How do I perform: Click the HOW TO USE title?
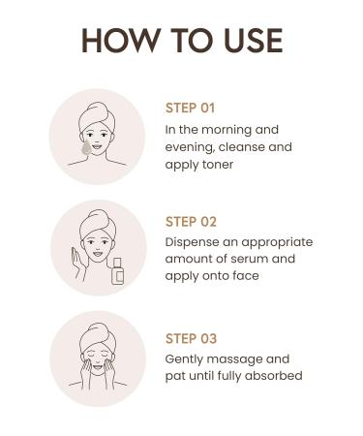point(181,41)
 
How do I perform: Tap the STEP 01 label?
point(192,108)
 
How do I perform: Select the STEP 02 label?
point(192,222)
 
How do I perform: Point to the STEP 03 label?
point(192,338)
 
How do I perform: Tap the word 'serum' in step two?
point(249,259)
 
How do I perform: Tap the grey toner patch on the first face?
point(88,146)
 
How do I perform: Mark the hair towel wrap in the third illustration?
point(97,330)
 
